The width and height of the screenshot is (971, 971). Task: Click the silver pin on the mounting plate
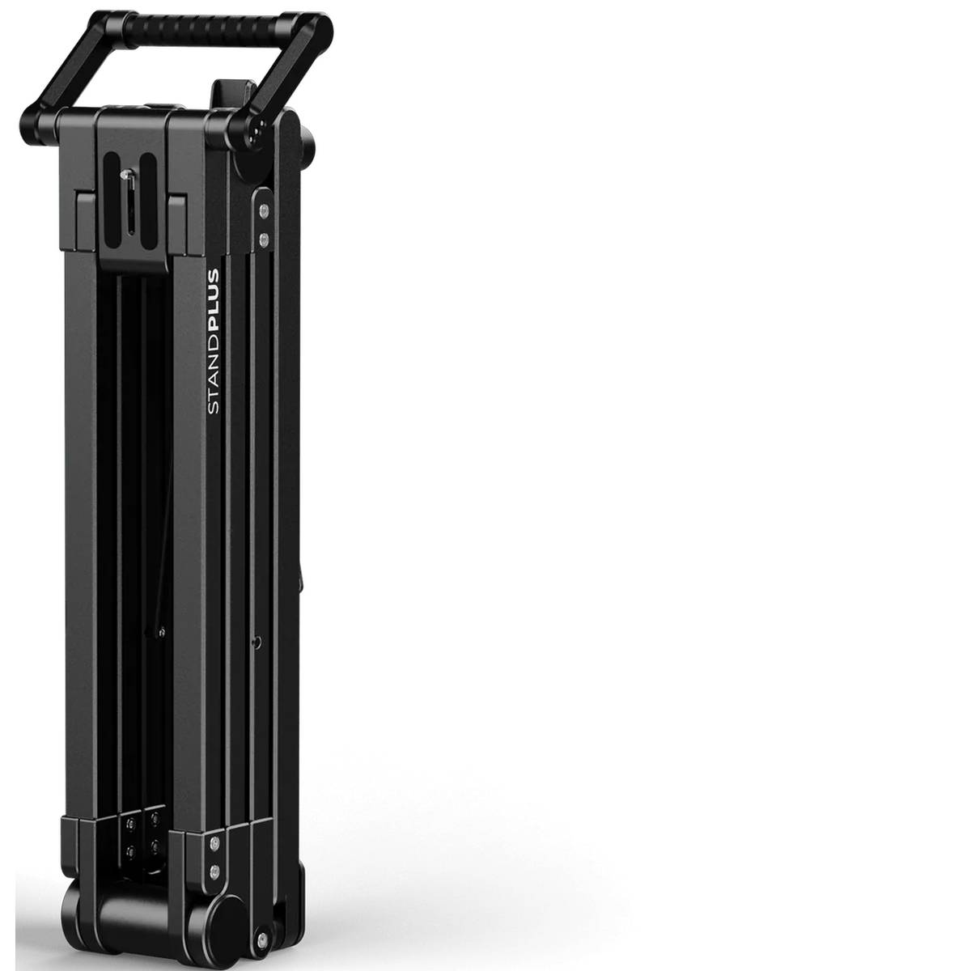[x=125, y=175]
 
